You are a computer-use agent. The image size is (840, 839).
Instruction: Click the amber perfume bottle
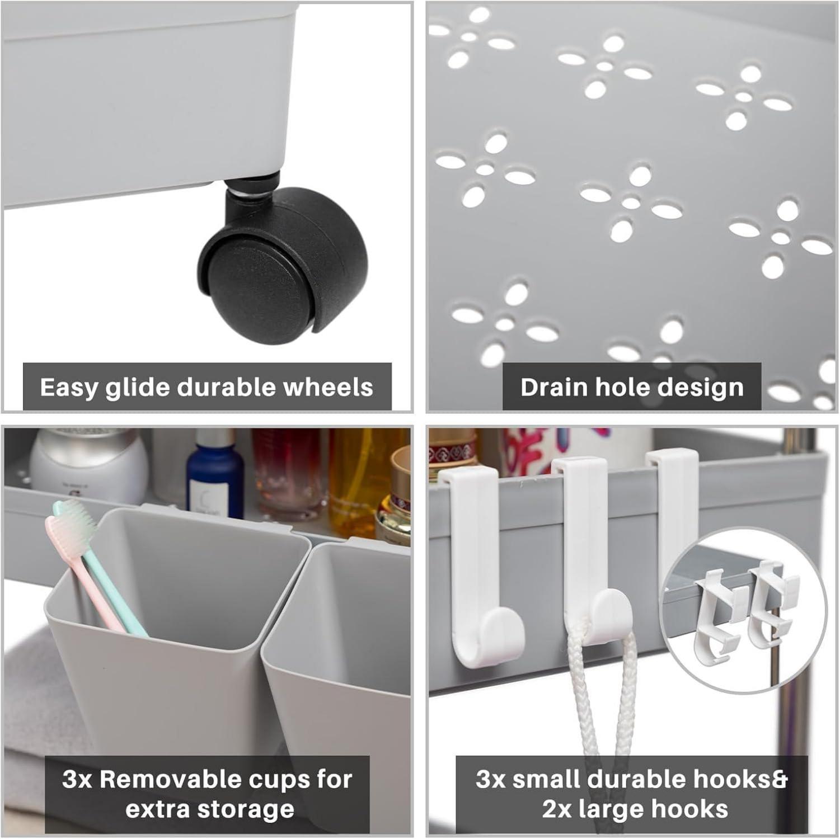coord(353,475)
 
